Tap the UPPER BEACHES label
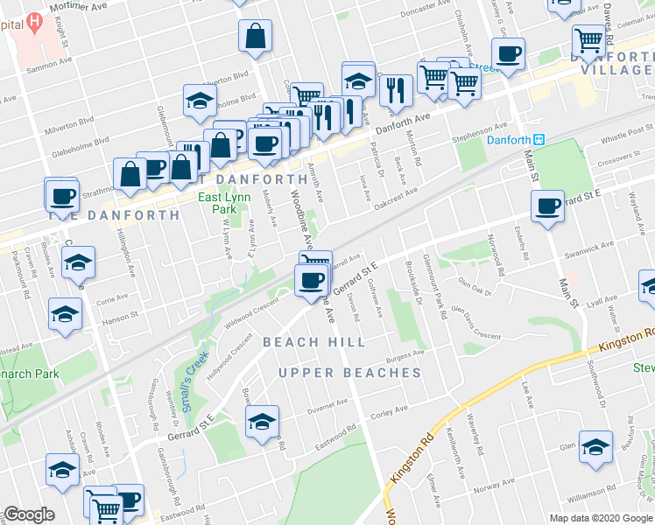pyautogui.click(x=350, y=374)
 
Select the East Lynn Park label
pyautogui.click(x=218, y=203)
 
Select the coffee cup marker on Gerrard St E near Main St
pyautogui.click(x=548, y=206)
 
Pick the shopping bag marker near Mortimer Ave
pyautogui.click(x=255, y=37)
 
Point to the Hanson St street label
pyautogui.click(x=122, y=316)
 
